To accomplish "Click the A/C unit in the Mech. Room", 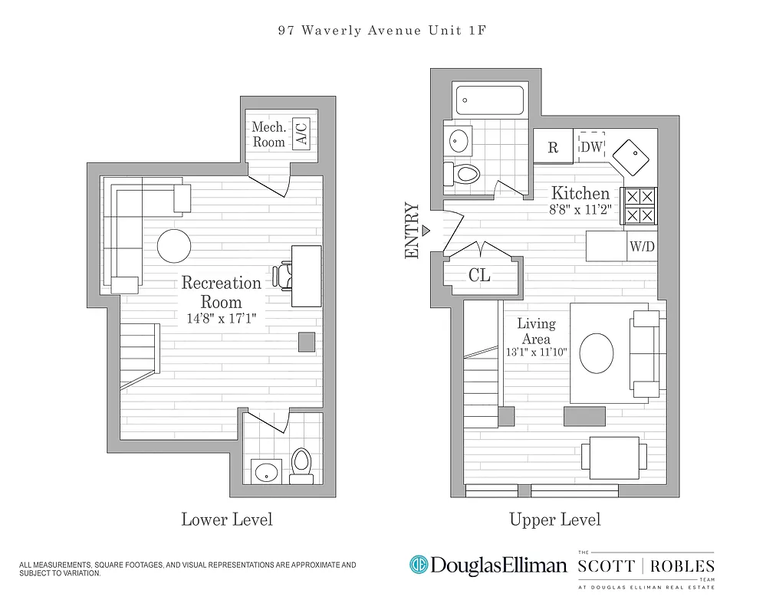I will click(x=303, y=135).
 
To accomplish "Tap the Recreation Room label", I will click(x=221, y=292).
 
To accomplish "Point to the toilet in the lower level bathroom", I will click(x=301, y=464).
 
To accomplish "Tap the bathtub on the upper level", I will click(x=490, y=101).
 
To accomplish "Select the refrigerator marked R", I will click(x=552, y=147).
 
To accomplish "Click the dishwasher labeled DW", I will click(x=591, y=146).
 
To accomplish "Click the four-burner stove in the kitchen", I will click(x=639, y=205).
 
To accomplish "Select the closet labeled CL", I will click(x=480, y=276).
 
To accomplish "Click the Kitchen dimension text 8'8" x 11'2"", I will click(x=580, y=210).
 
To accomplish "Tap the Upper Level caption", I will click(x=555, y=520).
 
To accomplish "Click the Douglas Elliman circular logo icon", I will click(x=419, y=565).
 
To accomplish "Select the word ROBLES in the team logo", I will click(x=683, y=566).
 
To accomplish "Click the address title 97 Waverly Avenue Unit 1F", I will click(x=383, y=31).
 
